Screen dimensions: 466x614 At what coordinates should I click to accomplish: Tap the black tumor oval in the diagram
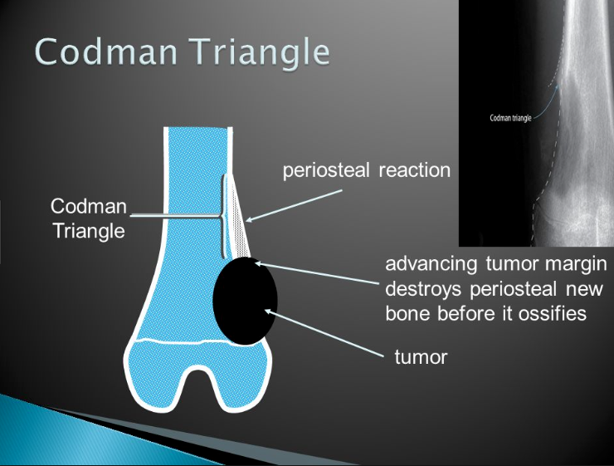point(246,301)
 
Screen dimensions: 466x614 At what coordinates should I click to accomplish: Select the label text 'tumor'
point(420,358)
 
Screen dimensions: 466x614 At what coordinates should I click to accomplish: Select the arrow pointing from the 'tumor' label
point(324,331)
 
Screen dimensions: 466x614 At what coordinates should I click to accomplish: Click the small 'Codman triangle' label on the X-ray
point(510,118)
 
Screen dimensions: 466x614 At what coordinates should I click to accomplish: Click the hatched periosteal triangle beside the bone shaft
point(237,220)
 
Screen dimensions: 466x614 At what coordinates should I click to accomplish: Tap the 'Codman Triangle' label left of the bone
point(88,218)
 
